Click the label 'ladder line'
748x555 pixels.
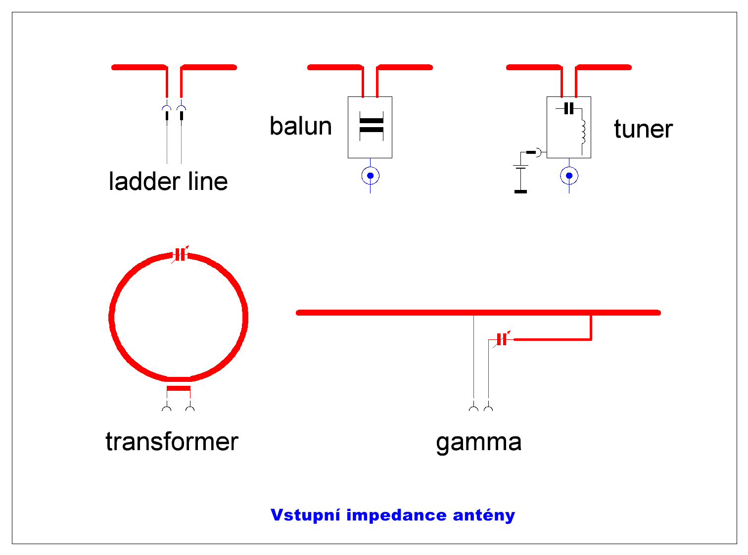tap(168, 182)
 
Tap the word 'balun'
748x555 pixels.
tap(301, 127)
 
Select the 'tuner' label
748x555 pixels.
tap(643, 130)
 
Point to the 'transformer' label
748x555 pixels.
tap(172, 442)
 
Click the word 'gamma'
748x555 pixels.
tap(478, 442)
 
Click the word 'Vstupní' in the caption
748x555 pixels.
tap(305, 515)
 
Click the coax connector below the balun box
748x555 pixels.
tap(370, 176)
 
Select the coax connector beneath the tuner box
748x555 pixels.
tap(569, 176)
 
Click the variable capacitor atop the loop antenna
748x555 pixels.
tap(180, 255)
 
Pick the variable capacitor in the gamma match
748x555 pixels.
tap(502, 339)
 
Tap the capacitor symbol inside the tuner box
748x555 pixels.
tap(569, 108)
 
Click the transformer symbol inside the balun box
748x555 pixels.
tap(371, 126)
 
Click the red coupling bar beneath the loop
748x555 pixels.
tap(178, 388)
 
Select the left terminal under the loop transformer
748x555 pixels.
tap(167, 409)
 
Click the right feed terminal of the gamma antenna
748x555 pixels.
tap(488, 409)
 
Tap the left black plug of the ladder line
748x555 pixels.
tap(167, 116)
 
